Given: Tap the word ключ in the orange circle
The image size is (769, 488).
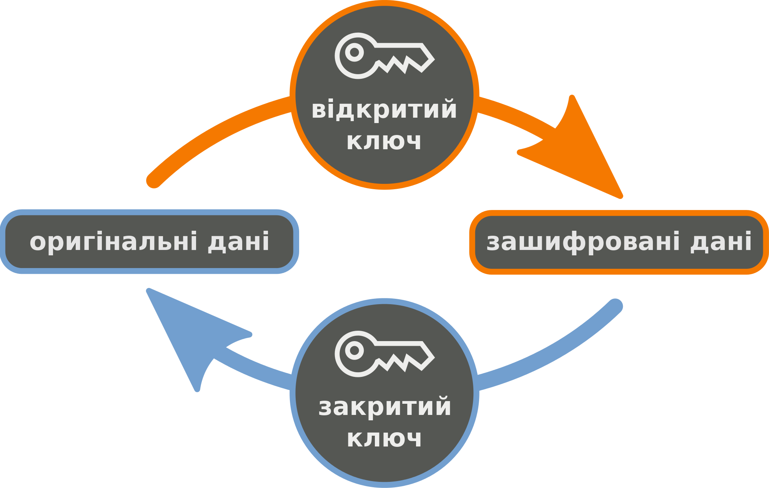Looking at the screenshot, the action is (384, 142).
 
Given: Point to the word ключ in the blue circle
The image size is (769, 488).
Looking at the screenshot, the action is (384, 439).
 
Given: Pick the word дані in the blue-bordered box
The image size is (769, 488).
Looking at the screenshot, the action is (238, 242).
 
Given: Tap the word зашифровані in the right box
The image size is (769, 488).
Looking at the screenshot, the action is (583, 242).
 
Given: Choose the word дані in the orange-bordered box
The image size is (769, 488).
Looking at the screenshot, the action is (721, 242).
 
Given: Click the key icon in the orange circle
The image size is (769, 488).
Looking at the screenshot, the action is (384, 56).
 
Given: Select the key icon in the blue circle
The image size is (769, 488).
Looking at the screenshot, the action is (384, 354).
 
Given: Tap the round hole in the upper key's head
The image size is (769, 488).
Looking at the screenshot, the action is (355, 52).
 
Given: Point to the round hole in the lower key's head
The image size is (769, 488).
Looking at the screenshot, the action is (355, 350).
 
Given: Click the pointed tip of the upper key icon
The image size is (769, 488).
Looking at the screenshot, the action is (434, 60).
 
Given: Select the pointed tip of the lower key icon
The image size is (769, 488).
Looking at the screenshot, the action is (434, 358).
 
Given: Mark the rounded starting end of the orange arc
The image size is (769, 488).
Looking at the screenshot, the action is (154, 181).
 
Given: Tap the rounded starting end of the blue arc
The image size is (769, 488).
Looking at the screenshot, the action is (615, 306).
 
